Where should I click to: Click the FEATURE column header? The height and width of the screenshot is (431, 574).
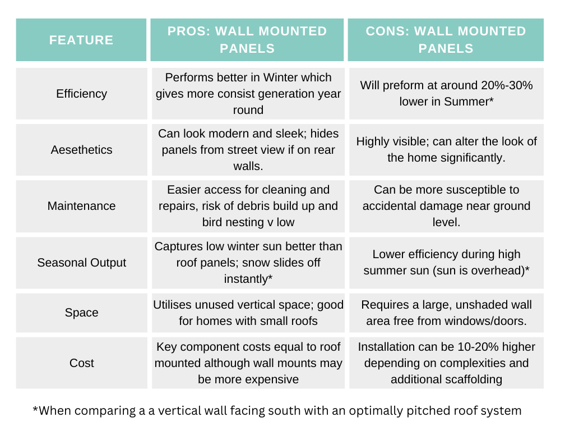pyautogui.click(x=81, y=40)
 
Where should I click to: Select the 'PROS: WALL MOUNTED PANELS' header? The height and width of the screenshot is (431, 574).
pyautogui.click(x=247, y=40)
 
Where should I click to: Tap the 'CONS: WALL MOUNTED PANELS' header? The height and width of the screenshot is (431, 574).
pyautogui.click(x=446, y=40)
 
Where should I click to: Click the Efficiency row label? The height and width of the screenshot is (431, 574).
pyautogui.click(x=81, y=94)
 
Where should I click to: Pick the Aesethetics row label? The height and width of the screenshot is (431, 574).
pyautogui.click(x=81, y=150)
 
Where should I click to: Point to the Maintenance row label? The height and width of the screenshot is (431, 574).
pyautogui.click(x=81, y=206)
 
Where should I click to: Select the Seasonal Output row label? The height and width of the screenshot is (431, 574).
pyautogui.click(x=81, y=263)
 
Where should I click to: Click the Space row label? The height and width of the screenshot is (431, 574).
pyautogui.click(x=81, y=313)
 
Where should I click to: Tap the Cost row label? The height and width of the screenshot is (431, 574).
pyautogui.click(x=81, y=363)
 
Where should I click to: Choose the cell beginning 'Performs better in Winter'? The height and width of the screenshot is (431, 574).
pyautogui.click(x=248, y=94)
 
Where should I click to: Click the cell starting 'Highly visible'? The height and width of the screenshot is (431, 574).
pyautogui.click(x=446, y=150)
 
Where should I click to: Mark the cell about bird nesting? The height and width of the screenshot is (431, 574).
pyautogui.click(x=248, y=206)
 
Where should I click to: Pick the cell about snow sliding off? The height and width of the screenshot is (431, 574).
pyautogui.click(x=248, y=263)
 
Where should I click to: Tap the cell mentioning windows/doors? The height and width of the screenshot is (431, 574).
pyautogui.click(x=446, y=313)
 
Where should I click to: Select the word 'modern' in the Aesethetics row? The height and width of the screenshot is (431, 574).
pyautogui.click(x=217, y=134)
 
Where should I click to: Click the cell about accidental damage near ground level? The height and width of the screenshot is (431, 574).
pyautogui.click(x=446, y=206)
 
